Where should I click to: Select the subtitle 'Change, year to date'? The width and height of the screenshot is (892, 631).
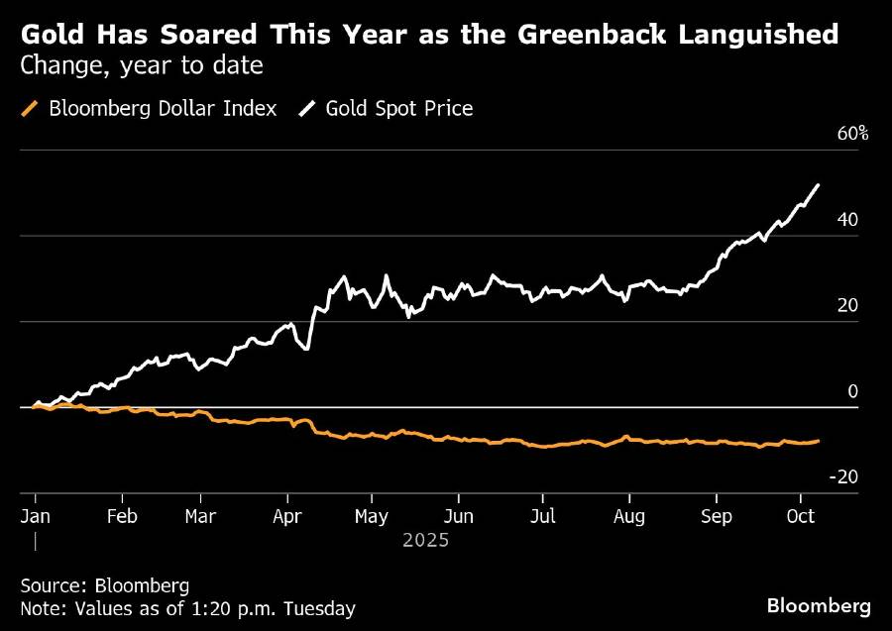[141, 67]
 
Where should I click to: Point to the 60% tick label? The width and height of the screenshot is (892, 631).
[852, 134]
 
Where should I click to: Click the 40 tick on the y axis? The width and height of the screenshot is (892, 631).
[847, 220]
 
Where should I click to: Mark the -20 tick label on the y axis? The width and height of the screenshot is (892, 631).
[844, 476]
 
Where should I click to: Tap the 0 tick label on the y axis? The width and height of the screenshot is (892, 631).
[852, 391]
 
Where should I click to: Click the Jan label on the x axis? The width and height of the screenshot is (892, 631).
[35, 516]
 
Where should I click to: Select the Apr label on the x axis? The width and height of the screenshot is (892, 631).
[286, 516]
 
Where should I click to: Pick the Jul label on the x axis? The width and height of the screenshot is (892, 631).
[541, 516]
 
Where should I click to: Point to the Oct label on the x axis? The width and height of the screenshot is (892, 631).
[799, 516]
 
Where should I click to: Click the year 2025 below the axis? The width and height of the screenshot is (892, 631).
[426, 541]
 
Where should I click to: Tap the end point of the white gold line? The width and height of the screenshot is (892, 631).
[818, 184]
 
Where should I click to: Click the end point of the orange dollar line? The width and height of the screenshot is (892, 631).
[818, 441]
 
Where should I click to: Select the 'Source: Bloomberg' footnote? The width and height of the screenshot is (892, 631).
[104, 584]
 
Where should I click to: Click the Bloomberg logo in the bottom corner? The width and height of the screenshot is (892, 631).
[819, 605]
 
